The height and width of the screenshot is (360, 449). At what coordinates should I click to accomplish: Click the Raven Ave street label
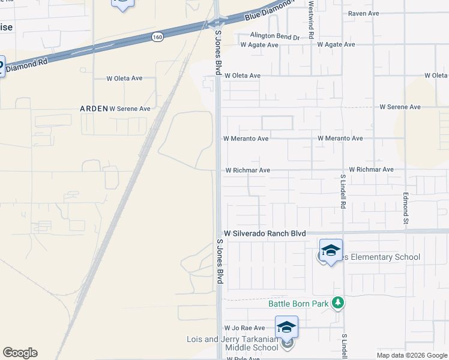tap(364, 13)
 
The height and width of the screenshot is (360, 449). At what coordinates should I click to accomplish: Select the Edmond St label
tap(406, 205)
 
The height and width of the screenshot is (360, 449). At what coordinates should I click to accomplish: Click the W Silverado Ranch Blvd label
tap(265, 233)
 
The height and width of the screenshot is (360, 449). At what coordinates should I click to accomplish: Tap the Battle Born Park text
tap(298, 304)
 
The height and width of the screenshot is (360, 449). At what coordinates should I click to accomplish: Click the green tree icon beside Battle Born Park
tap(339, 303)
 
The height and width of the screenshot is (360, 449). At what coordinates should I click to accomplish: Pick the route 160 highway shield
tap(157, 37)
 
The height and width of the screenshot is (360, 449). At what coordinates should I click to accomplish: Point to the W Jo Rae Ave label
tap(244, 328)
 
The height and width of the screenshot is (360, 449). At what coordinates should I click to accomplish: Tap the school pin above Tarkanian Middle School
tap(286, 327)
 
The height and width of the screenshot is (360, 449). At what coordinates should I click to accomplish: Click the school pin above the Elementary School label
tap(331, 250)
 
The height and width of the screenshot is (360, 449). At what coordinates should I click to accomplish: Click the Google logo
tap(20, 353)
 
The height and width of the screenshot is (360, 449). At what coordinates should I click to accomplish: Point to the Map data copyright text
tap(411, 355)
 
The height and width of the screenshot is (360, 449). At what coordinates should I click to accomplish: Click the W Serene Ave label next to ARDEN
tap(130, 109)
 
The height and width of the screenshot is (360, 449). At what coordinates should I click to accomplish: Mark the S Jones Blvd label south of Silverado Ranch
tap(220, 261)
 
